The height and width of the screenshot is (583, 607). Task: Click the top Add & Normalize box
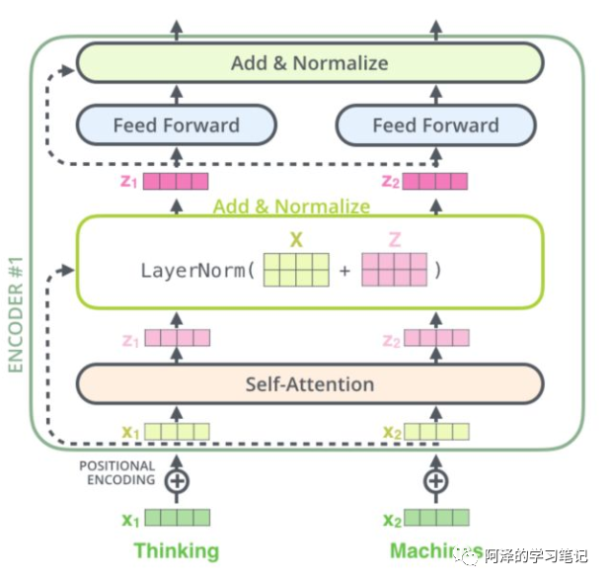[309, 63]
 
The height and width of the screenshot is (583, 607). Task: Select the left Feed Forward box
[177, 125]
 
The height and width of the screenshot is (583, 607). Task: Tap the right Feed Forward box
[435, 125]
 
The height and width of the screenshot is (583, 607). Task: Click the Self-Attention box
[309, 384]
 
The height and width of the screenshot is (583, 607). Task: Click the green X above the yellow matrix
[295, 239]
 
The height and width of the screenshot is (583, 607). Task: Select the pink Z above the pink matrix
[394, 239]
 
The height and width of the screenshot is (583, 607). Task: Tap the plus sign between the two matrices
[344, 270]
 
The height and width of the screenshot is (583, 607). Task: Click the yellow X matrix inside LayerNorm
[295, 270]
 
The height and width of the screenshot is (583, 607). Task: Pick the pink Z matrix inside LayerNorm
[394, 270]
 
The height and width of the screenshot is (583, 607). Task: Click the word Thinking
[177, 550]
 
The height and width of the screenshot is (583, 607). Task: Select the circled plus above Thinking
[177, 481]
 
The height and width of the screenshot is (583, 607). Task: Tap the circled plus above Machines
[435, 481]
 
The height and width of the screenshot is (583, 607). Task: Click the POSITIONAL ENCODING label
[117, 472]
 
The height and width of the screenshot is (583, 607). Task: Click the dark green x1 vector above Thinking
[178, 518]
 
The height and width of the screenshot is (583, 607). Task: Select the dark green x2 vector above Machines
[436, 518]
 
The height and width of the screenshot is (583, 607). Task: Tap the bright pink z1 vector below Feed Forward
[177, 181]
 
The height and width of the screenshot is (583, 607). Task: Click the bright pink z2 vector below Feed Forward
[435, 181]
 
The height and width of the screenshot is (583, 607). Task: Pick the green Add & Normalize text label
[292, 207]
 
